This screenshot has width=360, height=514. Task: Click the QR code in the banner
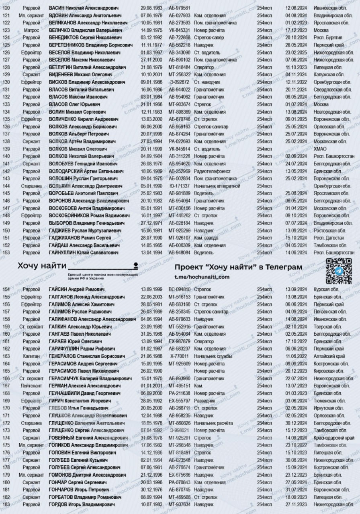click(x=338, y=271)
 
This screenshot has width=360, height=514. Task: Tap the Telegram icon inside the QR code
click(x=338, y=271)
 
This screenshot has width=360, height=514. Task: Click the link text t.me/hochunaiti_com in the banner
click(x=202, y=277)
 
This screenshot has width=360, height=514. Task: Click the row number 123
click(x=6, y=30)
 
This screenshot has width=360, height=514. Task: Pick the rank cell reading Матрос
click(x=31, y=30)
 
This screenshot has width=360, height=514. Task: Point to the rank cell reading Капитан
click(x=31, y=356)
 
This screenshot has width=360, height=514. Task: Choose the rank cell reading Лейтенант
click(x=31, y=386)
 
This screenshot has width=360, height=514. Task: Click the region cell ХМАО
click(x=321, y=149)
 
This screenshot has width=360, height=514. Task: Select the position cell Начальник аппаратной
click(x=217, y=186)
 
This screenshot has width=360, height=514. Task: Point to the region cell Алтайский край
click(x=329, y=356)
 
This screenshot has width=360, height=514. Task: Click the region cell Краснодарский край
click(x=333, y=438)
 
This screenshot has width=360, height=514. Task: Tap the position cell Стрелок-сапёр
click(x=209, y=38)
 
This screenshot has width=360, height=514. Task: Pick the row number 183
click(x=6, y=504)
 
